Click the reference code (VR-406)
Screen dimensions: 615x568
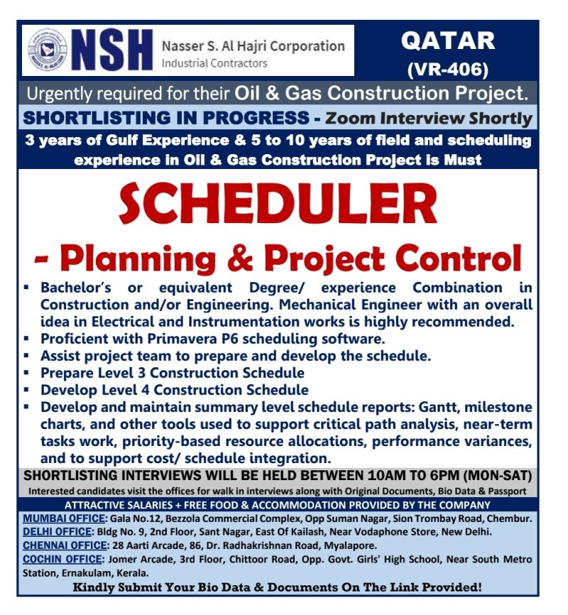click(x=447, y=69)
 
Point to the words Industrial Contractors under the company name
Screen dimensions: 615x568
click(x=215, y=63)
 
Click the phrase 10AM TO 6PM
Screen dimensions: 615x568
click(x=386, y=476)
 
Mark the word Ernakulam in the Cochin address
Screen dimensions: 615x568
click(x=84, y=572)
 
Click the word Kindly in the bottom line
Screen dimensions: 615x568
click(x=95, y=587)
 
